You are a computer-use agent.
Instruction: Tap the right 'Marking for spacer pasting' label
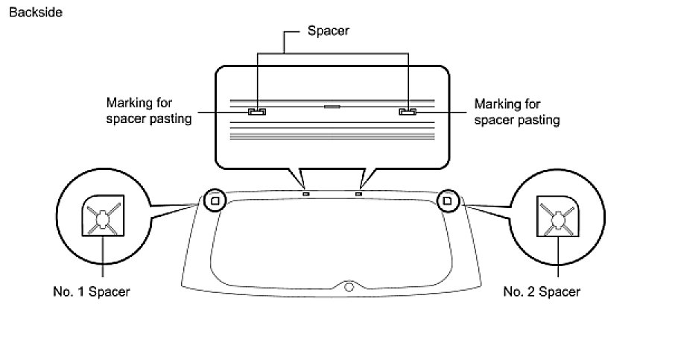[517, 111]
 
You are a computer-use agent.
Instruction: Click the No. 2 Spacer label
[541, 291]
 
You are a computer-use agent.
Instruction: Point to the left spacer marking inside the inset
[257, 112]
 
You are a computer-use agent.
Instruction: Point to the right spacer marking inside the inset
[408, 112]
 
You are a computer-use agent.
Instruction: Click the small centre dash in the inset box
[332, 107]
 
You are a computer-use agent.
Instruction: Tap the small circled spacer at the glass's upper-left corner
[214, 200]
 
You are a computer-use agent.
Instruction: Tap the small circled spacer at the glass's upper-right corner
[448, 200]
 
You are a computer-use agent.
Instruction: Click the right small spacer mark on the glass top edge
[358, 194]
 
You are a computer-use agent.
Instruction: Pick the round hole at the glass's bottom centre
[349, 287]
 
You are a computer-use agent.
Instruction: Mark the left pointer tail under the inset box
[302, 179]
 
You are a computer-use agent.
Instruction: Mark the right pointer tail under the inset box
[363, 179]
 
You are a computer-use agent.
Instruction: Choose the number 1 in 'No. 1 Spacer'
[83, 291]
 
